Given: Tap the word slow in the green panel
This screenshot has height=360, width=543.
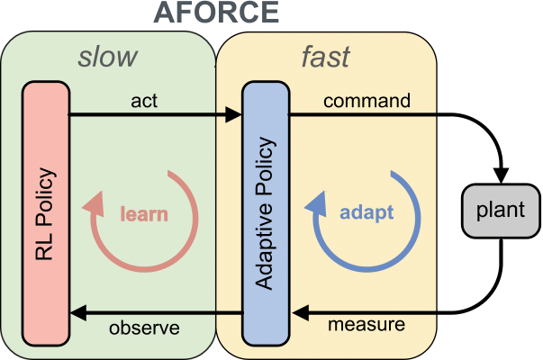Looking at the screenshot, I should pyautogui.click(x=108, y=57).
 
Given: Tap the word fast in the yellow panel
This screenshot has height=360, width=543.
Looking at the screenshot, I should pyautogui.click(x=325, y=57).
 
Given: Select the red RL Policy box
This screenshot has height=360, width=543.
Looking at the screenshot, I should pyautogui.click(x=46, y=214).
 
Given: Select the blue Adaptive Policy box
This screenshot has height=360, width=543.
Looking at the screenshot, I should pyautogui.click(x=264, y=214).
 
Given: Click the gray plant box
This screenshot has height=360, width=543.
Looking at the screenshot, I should pyautogui.click(x=502, y=214).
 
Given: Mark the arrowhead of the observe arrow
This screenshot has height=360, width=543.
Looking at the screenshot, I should pyautogui.click(x=77, y=312).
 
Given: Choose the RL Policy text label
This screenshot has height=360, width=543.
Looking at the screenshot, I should pyautogui.click(x=46, y=214).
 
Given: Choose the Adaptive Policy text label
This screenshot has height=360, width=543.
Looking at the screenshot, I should pyautogui.click(x=264, y=214).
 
